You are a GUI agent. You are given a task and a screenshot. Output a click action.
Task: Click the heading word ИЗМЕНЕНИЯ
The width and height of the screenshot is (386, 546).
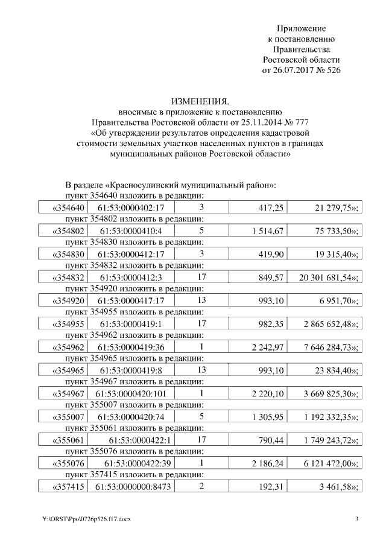[x=201, y=101]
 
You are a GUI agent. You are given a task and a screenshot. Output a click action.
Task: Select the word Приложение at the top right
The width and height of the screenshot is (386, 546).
[x=301, y=28]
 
